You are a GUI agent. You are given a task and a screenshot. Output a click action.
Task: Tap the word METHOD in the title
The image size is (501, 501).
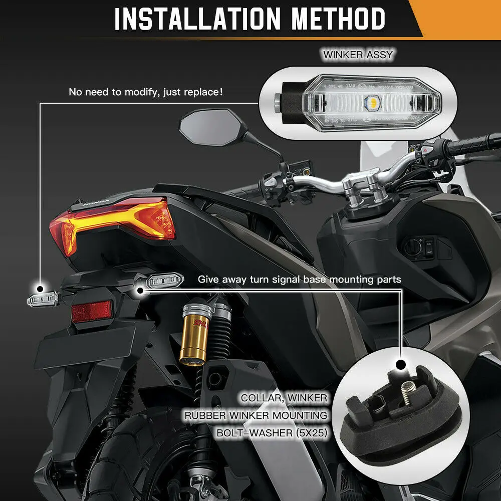pos(339,19)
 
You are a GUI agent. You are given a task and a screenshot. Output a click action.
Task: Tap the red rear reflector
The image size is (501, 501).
pos(92,312)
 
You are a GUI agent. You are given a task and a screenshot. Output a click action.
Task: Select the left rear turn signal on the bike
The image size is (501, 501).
pos(43,299)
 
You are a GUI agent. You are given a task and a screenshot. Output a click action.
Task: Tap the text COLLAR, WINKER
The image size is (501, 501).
pos(284,398)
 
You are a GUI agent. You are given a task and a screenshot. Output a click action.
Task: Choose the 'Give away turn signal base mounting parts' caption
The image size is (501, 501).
pos(299,279)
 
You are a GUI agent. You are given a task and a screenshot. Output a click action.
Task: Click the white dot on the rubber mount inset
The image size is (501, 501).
pos(400,365)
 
